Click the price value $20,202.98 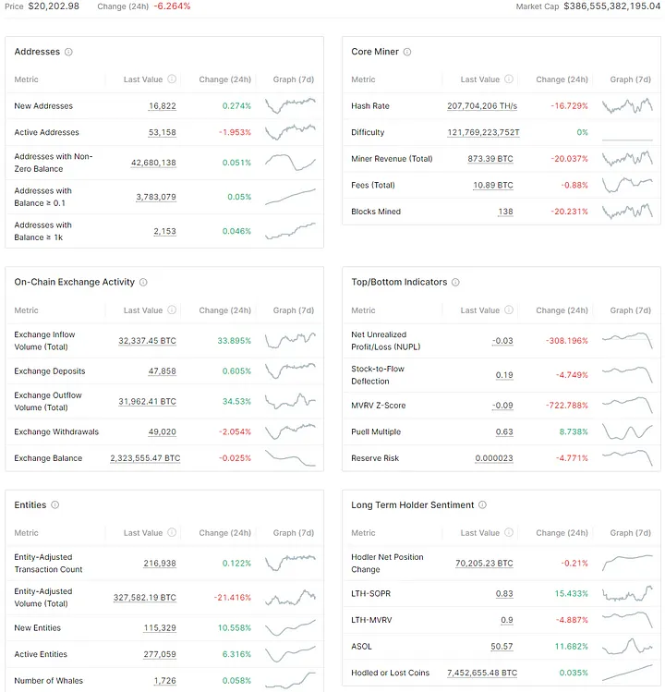tap(54, 6)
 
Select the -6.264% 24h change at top tap(172, 6)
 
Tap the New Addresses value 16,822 tap(162, 106)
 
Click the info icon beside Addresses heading tap(69, 53)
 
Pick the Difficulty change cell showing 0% tap(582, 133)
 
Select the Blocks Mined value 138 tap(505, 212)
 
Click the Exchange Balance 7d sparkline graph tap(290, 457)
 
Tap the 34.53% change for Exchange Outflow tap(234, 401)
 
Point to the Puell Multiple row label tap(376, 431)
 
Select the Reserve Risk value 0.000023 tap(494, 458)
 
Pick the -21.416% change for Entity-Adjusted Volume tap(227, 598)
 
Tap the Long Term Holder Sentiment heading tap(412, 505)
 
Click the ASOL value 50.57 tap(502, 647)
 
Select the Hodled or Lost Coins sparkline tap(627, 672)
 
